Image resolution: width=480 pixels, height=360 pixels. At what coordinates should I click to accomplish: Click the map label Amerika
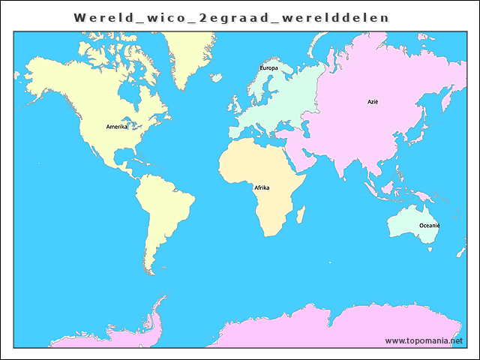click(117, 127)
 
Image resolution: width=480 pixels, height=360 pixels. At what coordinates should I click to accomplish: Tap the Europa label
click(268, 68)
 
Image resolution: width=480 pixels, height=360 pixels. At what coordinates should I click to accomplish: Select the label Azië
click(373, 101)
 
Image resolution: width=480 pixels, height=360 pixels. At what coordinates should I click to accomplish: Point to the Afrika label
click(262, 187)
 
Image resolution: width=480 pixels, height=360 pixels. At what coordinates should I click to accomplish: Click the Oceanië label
click(429, 226)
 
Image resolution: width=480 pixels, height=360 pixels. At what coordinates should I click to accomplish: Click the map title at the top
click(232, 16)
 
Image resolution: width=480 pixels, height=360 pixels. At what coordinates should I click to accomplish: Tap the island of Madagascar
click(301, 216)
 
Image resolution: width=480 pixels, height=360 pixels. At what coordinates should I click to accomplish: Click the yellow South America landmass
click(165, 210)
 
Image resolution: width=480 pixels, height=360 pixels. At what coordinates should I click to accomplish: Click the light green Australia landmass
click(411, 222)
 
